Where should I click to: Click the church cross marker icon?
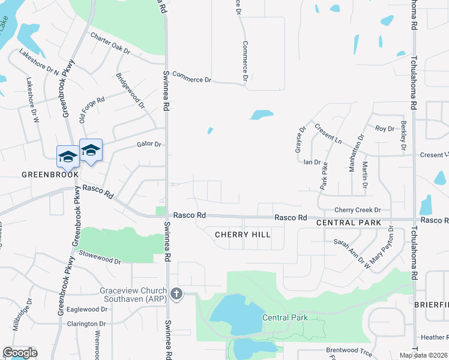pos(176,293)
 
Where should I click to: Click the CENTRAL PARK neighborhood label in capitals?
pos(348,223)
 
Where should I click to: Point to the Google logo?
pos(20,353)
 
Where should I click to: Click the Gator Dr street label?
pos(149,145)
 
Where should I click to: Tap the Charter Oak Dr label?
pos(110,44)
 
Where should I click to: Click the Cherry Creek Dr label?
pos(358,210)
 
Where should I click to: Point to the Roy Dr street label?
pos(384,128)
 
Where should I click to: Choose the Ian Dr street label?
pos(312,162)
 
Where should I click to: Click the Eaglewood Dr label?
pos(87,310)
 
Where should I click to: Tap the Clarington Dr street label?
pos(86,324)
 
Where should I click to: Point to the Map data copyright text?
pos(423,355)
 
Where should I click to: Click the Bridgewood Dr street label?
pos(130,90)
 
